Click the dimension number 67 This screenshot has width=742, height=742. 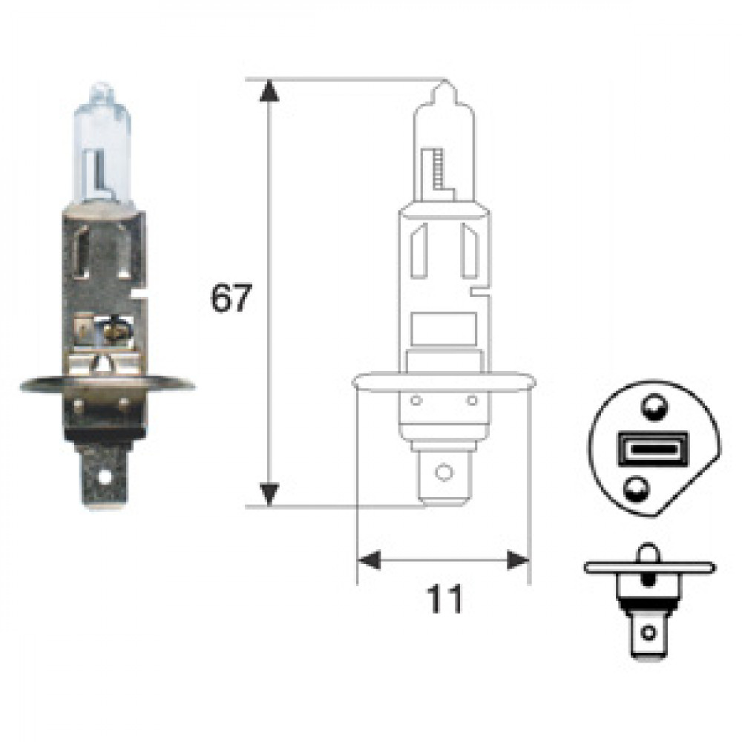230,298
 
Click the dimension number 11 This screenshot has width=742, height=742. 444,600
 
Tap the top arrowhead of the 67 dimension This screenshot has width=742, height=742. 269,91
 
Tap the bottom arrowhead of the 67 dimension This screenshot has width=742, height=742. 269,494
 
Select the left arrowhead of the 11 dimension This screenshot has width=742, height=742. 369,560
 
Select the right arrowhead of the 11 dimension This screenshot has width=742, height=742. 518,560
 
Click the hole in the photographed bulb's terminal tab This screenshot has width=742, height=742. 104,476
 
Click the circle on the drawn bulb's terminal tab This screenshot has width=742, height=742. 444,472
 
